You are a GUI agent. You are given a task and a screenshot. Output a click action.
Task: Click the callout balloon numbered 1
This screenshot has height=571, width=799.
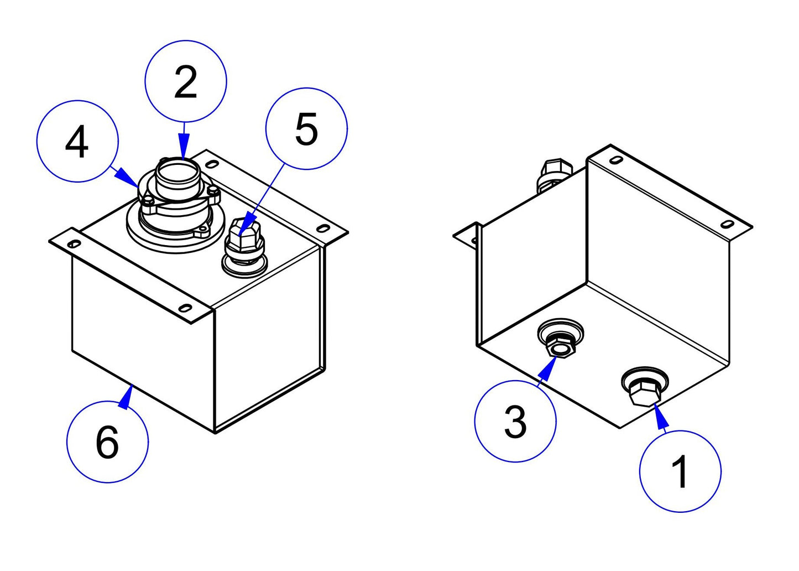(x=680, y=471)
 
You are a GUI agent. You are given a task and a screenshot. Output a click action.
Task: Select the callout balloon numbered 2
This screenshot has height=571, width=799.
(x=186, y=81)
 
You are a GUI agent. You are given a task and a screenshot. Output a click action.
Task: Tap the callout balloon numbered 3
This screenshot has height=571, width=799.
(x=515, y=421)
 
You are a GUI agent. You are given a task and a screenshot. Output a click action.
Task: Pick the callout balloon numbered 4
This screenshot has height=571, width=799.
(x=77, y=141)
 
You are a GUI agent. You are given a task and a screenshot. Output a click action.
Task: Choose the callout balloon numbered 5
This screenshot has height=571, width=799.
(x=306, y=129)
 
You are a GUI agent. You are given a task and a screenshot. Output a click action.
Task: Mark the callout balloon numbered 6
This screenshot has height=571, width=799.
(x=107, y=442)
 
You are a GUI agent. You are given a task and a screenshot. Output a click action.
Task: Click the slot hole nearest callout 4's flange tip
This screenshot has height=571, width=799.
(x=72, y=243)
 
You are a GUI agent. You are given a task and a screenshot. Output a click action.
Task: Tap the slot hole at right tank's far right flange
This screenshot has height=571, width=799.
(x=728, y=224)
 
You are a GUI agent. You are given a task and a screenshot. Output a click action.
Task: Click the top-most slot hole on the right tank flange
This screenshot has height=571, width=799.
(x=614, y=160)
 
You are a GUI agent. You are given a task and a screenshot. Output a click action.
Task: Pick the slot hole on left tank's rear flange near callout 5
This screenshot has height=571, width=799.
(x=323, y=228)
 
